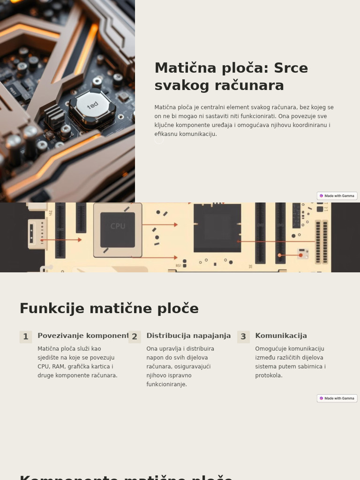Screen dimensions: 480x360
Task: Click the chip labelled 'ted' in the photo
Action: pos(93,105)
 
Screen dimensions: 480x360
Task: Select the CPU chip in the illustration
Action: pos(117,230)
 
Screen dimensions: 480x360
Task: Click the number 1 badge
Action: pos(26,337)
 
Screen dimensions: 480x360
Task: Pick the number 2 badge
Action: pos(135,337)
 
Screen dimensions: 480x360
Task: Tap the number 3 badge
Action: pos(243,337)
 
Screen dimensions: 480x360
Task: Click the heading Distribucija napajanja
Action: pos(188,336)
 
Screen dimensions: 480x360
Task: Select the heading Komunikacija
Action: pos(281,336)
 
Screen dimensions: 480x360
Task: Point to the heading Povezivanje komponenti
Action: pos(83,336)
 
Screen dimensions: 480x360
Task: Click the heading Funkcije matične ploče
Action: pos(109,308)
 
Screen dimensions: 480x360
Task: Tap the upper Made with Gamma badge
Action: pos(337,196)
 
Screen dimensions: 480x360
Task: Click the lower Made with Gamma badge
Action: pos(337,398)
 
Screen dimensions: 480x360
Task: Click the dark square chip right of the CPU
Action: pos(217,227)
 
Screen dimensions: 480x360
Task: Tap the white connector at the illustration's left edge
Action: pos(37,233)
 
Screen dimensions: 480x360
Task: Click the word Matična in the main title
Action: pos(180,68)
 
